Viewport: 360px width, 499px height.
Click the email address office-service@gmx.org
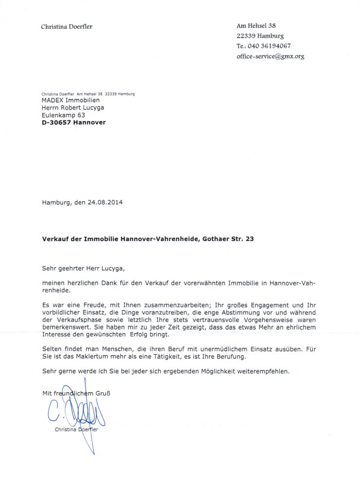coord(270,57)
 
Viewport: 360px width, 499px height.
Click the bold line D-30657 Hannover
coord(74,123)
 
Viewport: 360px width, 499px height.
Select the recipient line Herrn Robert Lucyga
coord(73,108)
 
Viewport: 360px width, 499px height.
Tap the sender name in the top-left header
coord(66,27)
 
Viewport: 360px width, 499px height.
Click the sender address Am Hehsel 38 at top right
coord(256,25)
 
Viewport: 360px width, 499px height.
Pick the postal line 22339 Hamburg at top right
coord(260,36)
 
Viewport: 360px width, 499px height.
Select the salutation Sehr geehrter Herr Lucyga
coord(87,268)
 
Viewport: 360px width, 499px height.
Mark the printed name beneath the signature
coord(76,429)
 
